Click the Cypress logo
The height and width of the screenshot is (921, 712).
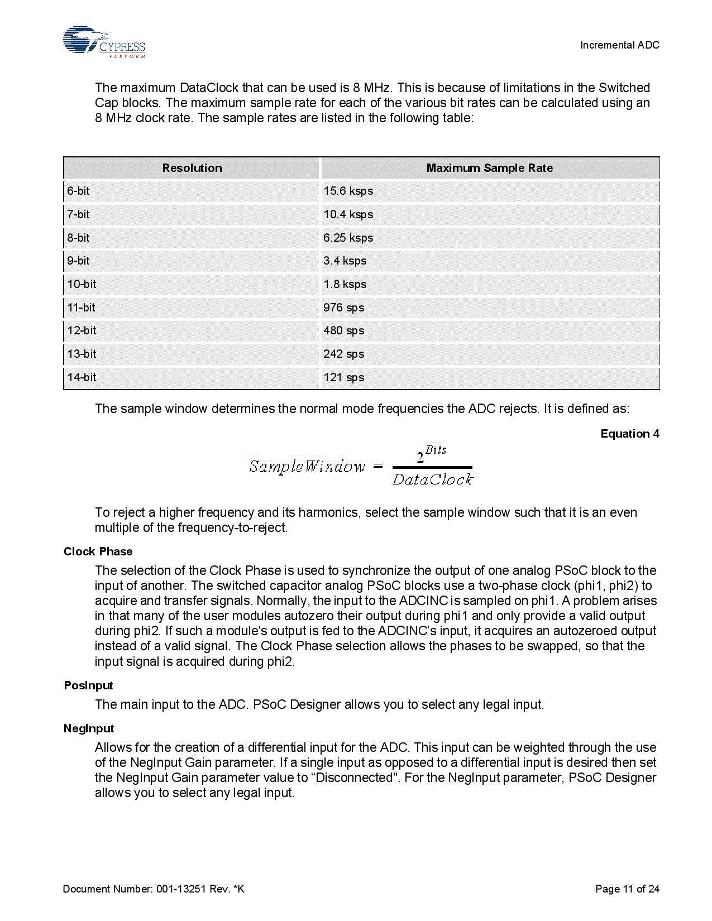pyautogui.click(x=104, y=42)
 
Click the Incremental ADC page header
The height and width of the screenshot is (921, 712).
pyautogui.click(x=619, y=45)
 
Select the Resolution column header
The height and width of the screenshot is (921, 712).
pyautogui.click(x=192, y=168)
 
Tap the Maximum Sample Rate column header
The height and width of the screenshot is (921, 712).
pyautogui.click(x=489, y=168)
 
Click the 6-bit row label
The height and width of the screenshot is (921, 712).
pyautogui.click(x=78, y=191)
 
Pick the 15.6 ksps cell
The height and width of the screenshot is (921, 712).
pyautogui.click(x=348, y=191)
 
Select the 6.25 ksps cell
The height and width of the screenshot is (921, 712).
pyautogui.click(x=348, y=238)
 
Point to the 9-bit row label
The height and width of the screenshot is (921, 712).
pyautogui.click(x=78, y=261)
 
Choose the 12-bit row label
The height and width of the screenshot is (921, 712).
pyautogui.click(x=82, y=330)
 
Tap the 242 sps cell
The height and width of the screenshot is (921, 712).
pyautogui.click(x=343, y=354)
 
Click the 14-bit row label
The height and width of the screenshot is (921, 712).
pyautogui.click(x=82, y=377)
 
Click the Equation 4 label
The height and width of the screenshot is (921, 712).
pyautogui.click(x=629, y=434)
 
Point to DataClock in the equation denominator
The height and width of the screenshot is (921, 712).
pyautogui.click(x=433, y=479)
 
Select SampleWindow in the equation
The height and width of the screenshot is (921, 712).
pyautogui.click(x=307, y=467)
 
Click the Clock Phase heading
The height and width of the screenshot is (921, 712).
pyautogui.click(x=98, y=551)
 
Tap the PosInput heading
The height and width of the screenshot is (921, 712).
pyautogui.click(x=88, y=685)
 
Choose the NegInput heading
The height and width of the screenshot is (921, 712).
pyautogui.click(x=89, y=728)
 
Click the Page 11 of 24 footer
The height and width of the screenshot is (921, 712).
pyautogui.click(x=627, y=889)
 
